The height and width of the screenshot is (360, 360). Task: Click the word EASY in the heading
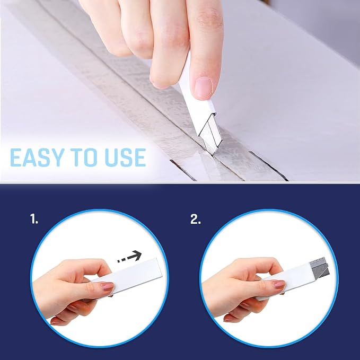click(x=37, y=157)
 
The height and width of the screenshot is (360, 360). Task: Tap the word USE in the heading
click(x=125, y=157)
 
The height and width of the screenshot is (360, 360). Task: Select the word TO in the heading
click(x=84, y=157)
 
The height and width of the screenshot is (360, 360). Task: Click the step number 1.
click(x=34, y=219)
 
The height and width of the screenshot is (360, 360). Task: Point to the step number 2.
click(x=196, y=219)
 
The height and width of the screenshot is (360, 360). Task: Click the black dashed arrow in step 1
click(x=129, y=257)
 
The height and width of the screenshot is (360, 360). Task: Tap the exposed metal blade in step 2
click(x=320, y=267)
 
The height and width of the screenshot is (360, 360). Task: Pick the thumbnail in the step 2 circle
click(x=278, y=285)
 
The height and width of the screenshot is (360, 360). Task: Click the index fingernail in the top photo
click(x=203, y=86)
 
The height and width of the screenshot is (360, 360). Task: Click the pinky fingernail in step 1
click(x=55, y=322)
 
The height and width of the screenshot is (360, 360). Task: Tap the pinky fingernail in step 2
click(x=228, y=319)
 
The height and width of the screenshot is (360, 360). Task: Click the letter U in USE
click(x=111, y=157)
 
